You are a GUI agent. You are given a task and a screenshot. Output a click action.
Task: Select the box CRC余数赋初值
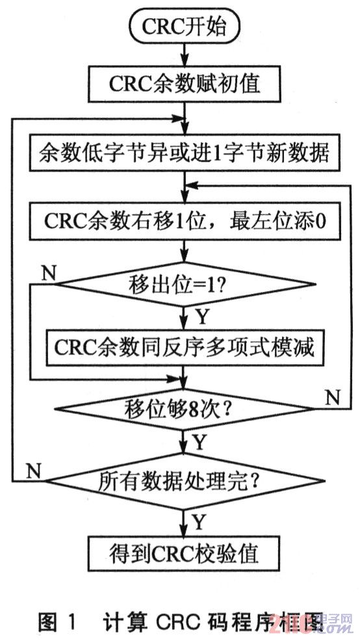pos(185,85)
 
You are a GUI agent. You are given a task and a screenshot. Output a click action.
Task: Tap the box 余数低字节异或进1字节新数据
pos(185,154)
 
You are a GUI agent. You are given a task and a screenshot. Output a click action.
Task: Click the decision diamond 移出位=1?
pos(185,283)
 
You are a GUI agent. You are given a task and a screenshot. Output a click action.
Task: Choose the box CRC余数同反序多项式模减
pos(185,347)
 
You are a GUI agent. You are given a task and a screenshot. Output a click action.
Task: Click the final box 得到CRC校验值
pos(185,553)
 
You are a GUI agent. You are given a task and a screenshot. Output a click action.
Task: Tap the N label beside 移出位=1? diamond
pos(47,272)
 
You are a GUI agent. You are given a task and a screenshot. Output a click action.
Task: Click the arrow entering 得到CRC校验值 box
pos(185,523)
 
